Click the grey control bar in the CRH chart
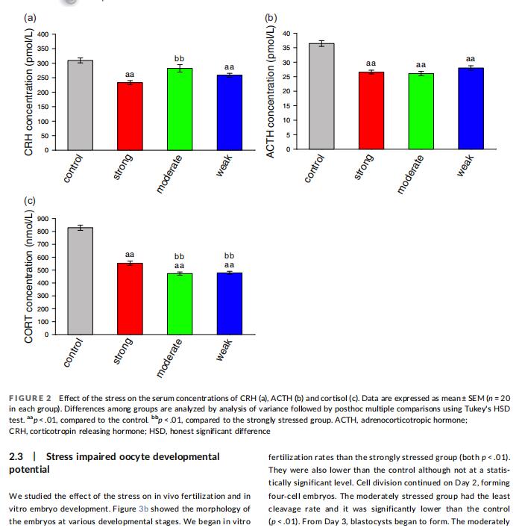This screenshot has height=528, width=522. [x=81, y=105]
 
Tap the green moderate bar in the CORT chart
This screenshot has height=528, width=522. [x=179, y=304]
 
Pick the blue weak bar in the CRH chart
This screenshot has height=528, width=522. [x=229, y=113]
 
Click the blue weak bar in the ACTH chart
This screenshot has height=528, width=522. [x=471, y=108]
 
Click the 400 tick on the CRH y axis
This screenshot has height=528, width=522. [x=43, y=34]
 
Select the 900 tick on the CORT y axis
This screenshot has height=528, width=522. [x=43, y=219]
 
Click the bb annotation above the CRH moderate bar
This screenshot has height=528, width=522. [x=179, y=58]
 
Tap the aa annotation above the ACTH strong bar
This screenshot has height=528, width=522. [x=371, y=63]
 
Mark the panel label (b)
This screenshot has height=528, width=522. [x=271, y=16]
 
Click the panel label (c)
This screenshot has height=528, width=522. [x=31, y=200]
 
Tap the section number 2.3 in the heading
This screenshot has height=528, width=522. [x=16, y=456]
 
